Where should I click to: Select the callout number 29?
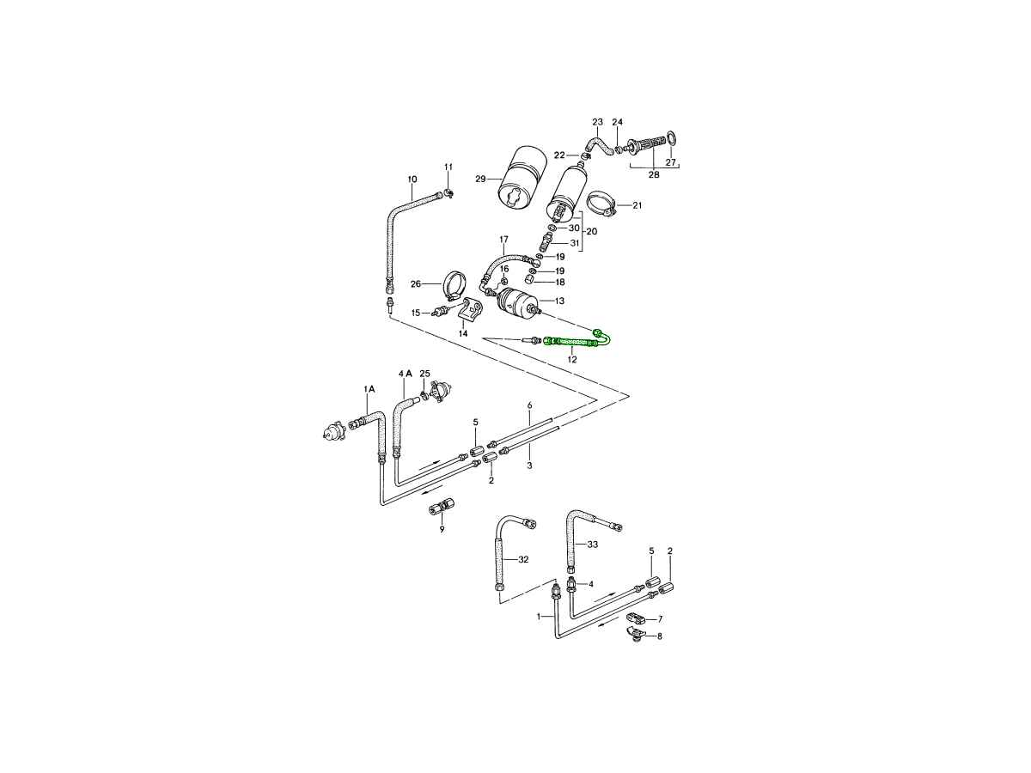(x=480, y=179)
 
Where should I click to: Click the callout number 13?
(x=559, y=301)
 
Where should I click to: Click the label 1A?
(x=369, y=389)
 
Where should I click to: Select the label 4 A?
(x=406, y=374)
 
